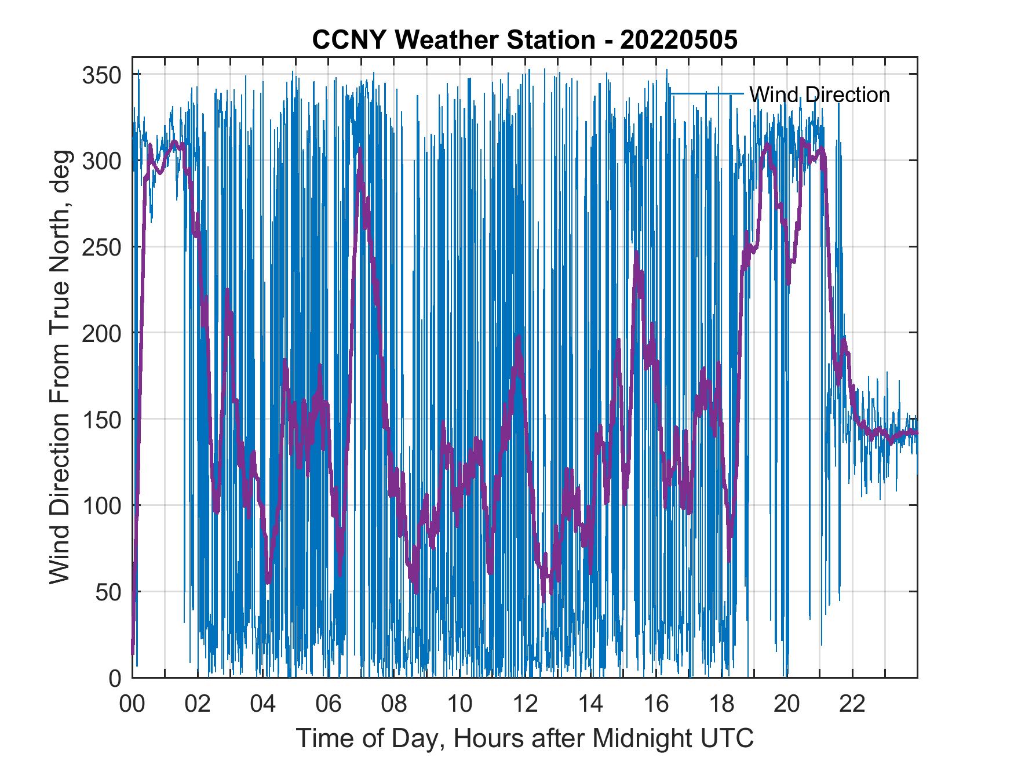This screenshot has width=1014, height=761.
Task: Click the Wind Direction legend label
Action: click(x=819, y=94)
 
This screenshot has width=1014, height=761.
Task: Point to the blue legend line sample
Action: click(x=706, y=93)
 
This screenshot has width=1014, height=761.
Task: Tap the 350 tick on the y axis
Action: click(x=101, y=75)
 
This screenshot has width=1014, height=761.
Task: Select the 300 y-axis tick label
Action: click(x=101, y=161)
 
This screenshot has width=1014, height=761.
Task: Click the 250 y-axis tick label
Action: click(x=101, y=247)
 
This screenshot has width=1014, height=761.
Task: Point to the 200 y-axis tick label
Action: click(x=101, y=333)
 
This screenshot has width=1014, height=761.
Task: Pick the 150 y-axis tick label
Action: click(x=101, y=420)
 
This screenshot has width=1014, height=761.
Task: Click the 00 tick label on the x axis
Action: click(x=132, y=705)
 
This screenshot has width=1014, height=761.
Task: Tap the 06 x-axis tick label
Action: click(x=329, y=705)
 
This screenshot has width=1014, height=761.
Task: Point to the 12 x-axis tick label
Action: click(x=525, y=705)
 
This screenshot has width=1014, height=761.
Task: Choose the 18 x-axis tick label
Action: click(x=721, y=705)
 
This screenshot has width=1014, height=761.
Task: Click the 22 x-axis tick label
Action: click(x=852, y=705)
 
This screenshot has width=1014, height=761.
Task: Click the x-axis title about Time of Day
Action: click(x=525, y=738)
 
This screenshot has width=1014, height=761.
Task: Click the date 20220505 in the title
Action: click(x=679, y=40)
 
